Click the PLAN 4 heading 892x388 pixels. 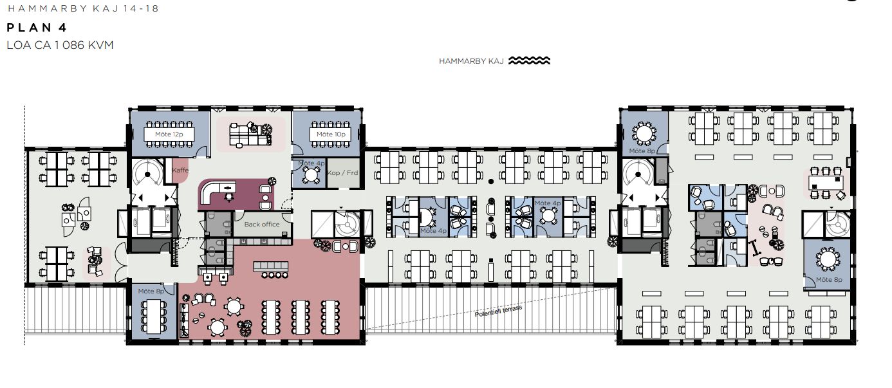(x=37, y=28)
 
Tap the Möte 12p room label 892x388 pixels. (x=169, y=134)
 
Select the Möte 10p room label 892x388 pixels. (x=331, y=134)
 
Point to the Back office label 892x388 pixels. (x=262, y=224)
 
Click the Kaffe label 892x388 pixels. (x=180, y=170)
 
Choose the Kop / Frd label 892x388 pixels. (x=342, y=172)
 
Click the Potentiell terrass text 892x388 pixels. (x=497, y=311)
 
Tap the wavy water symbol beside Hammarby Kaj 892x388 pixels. (x=529, y=60)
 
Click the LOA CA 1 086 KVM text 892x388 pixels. (x=60, y=45)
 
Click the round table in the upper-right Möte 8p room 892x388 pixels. (x=644, y=133)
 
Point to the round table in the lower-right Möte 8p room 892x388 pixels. (x=828, y=259)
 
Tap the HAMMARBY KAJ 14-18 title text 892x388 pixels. (x=83, y=8)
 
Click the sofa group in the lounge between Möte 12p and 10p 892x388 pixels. (x=250, y=134)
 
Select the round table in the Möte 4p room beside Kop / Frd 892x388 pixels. (x=311, y=174)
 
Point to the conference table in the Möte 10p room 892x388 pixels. (x=331, y=134)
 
